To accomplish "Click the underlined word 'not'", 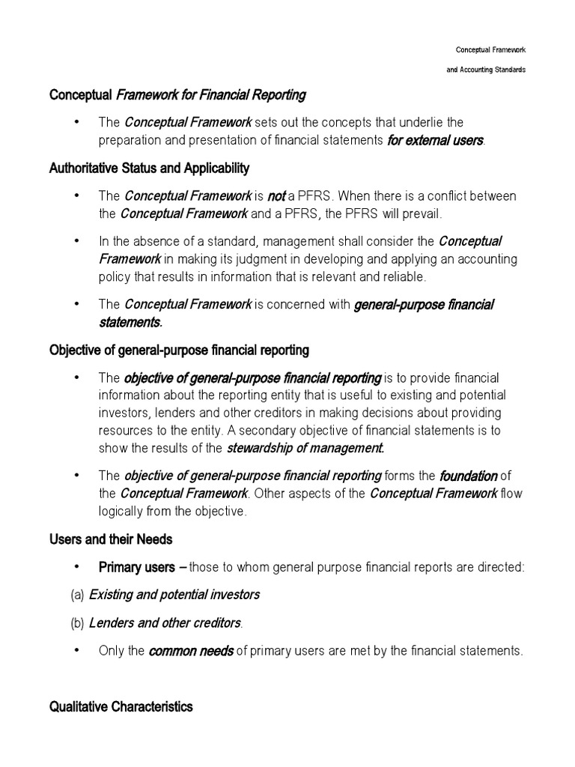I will (276, 196).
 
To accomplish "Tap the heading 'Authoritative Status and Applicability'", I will (149, 168).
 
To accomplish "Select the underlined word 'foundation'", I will (468, 476).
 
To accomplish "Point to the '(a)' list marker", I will (77, 595).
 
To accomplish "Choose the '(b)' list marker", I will (77, 622).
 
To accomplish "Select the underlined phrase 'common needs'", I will (191, 651).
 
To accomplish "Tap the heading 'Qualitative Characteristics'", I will (121, 706).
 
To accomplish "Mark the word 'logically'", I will (124, 511).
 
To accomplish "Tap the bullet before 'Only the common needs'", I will (77, 650).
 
